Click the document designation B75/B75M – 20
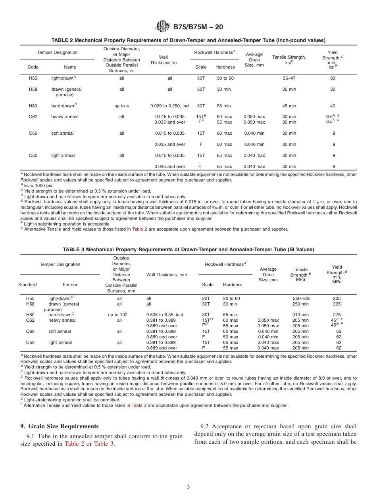click(x=198, y=27)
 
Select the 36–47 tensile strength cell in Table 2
click(x=289, y=78)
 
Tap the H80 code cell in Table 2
click(x=33, y=106)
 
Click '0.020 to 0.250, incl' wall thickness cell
click(x=169, y=106)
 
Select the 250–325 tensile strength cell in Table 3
click(x=300, y=298)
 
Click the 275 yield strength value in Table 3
click(x=337, y=315)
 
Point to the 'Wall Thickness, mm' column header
click(x=166, y=275)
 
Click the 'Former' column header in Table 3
click(x=70, y=284)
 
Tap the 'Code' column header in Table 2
click(x=33, y=67)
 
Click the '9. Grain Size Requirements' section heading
click(x=60, y=426)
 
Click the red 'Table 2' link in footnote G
click(x=139, y=229)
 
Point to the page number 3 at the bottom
click(x=188, y=487)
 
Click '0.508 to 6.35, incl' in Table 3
click(x=164, y=315)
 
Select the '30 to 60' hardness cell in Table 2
click(x=225, y=78)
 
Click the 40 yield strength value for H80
click(x=333, y=106)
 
